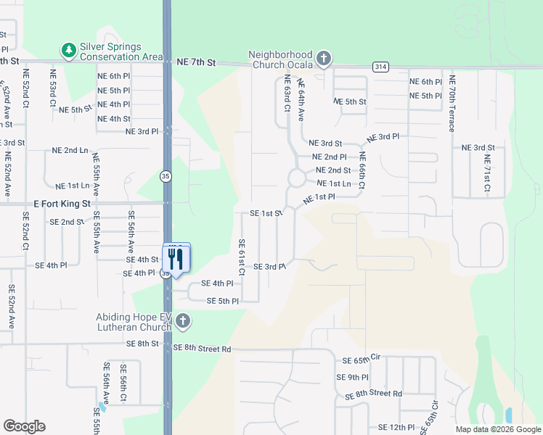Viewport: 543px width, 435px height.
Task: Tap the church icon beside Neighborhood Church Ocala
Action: [x=324, y=57]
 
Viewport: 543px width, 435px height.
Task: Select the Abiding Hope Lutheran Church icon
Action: [x=183, y=320]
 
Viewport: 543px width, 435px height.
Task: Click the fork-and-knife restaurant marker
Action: [x=176, y=259]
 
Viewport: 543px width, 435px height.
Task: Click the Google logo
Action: [x=24, y=426]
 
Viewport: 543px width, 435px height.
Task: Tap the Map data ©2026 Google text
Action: [x=498, y=429]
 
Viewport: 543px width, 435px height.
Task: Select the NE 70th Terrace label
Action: [x=452, y=104]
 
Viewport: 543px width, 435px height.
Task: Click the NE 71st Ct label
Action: [x=487, y=175]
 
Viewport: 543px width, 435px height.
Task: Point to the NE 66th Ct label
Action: [x=362, y=170]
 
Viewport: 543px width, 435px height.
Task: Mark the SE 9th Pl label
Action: [x=353, y=377]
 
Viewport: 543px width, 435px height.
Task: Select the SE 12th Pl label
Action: [x=396, y=428]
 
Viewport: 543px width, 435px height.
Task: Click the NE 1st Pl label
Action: [x=319, y=197]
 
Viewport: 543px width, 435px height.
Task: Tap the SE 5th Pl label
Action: [x=223, y=301]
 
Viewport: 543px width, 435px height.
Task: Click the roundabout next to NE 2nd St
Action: [x=296, y=178]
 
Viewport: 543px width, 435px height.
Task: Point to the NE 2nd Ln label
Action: [x=70, y=150]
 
